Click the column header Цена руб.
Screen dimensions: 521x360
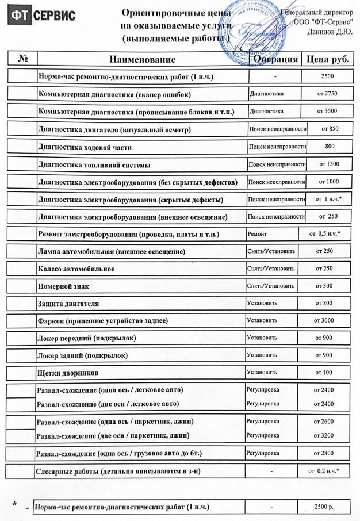pyautogui.click(x=328, y=59)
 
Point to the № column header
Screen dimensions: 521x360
pyautogui.click(x=24, y=59)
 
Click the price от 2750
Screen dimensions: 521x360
pyautogui.click(x=326, y=93)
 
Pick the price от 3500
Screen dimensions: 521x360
pyautogui.click(x=326, y=111)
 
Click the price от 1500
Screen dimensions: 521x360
pyautogui.click(x=328, y=164)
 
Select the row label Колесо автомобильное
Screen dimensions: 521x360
pyautogui.click(x=75, y=269)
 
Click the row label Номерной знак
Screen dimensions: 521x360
pyautogui.click(x=63, y=286)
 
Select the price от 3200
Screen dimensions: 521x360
pyautogui.click(x=324, y=435)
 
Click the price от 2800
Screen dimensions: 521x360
pyautogui.click(x=324, y=453)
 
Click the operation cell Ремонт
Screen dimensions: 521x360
pyautogui.click(x=257, y=235)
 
